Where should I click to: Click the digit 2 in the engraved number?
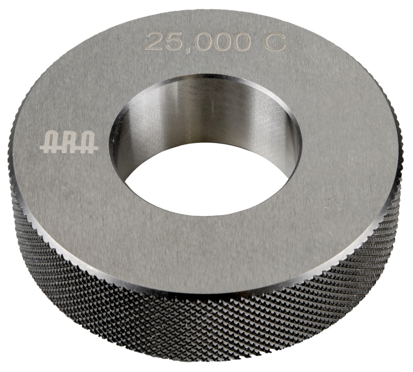pos(154,41)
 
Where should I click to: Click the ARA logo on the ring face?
pos(69,142)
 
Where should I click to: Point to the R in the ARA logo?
pos(69,142)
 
